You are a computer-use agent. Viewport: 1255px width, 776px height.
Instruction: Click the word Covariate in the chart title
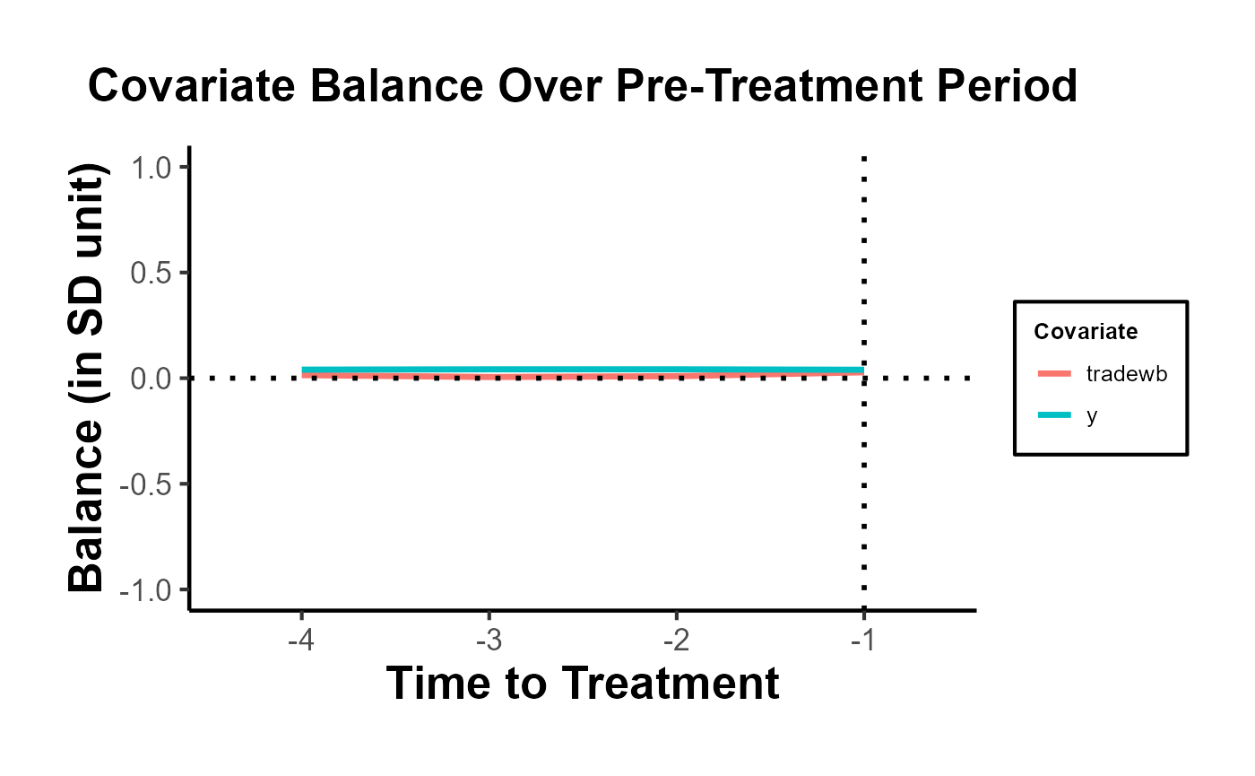[x=192, y=86]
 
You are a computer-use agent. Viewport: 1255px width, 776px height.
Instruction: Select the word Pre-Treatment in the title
[x=769, y=86]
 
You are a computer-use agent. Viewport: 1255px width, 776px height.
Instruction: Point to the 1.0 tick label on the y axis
[x=151, y=168]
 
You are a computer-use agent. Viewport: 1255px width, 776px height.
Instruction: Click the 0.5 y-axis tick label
[x=151, y=273]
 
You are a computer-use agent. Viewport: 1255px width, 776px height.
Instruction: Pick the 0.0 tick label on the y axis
[x=151, y=379]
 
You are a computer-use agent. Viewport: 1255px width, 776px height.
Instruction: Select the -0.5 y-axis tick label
[x=145, y=484]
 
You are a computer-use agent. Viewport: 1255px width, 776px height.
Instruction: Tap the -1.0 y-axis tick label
[x=145, y=590]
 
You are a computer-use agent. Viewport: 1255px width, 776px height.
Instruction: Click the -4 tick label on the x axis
[x=301, y=640]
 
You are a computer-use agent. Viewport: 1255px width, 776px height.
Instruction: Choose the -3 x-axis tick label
[x=489, y=640]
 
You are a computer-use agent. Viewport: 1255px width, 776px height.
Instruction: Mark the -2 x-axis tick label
[x=676, y=640]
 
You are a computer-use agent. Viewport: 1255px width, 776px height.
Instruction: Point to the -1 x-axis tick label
[x=862, y=640]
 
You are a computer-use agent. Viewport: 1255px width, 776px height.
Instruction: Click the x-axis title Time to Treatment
[x=583, y=683]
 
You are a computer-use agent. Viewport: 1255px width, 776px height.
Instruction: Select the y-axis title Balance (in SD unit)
[x=86, y=378]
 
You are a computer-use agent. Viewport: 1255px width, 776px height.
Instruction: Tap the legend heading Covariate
[x=1086, y=331]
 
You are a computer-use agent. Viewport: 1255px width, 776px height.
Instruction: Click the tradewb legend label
[x=1127, y=373]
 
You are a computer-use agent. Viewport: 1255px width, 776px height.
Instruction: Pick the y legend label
[x=1092, y=416]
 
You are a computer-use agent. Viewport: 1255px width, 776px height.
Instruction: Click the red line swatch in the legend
[x=1054, y=373]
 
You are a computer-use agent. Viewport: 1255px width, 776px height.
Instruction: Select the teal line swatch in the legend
[x=1054, y=414]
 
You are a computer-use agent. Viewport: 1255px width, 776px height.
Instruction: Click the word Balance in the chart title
[x=396, y=86]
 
